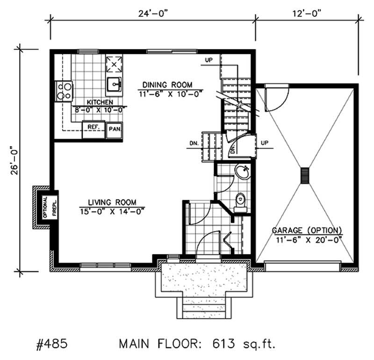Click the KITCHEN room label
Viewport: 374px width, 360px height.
coord(98,102)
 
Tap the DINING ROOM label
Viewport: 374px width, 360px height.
coord(167,85)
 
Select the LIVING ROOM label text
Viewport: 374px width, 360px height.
coord(112,202)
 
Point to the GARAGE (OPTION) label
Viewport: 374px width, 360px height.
coord(307,230)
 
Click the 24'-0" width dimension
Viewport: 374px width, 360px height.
coord(152,13)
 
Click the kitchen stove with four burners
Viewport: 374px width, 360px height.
coord(64,91)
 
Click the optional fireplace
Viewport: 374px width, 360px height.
coord(45,208)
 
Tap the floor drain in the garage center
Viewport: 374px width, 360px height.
coord(305,176)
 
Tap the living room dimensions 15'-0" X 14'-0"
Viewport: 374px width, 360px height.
coord(112,210)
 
